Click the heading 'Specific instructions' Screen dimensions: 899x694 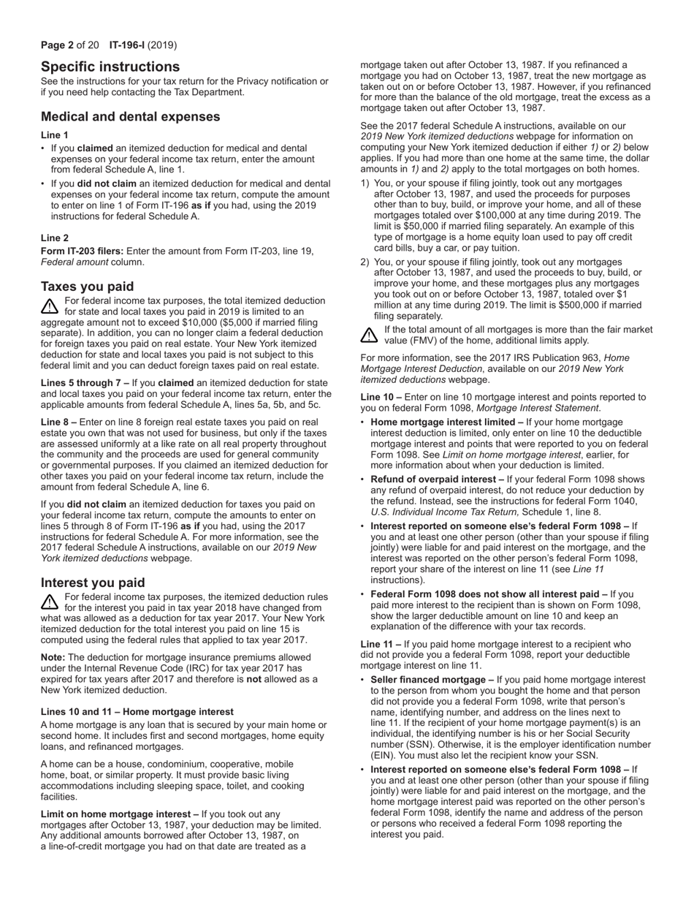click(110, 67)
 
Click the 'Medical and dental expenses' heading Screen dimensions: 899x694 click(130, 116)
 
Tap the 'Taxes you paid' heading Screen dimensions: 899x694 click(87, 286)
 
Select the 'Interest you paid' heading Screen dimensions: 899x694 click(93, 583)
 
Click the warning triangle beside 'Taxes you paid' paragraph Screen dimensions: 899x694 click(50, 306)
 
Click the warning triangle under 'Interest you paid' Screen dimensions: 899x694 click(50, 602)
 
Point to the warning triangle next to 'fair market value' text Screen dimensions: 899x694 click(370, 335)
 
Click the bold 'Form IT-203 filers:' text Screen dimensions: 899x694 click(82, 251)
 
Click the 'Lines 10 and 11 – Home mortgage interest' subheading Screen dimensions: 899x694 click(137, 711)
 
